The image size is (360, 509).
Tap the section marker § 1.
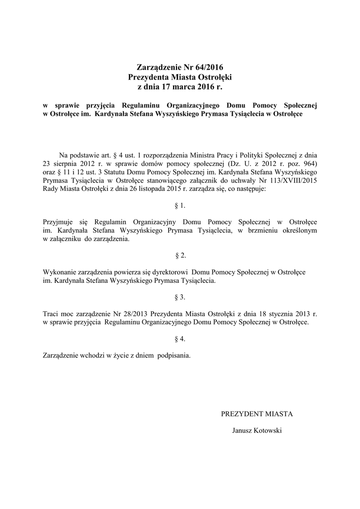point(180,205)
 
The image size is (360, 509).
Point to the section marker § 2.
point(180,255)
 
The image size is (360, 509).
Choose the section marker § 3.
point(180,297)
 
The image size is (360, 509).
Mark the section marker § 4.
point(180,339)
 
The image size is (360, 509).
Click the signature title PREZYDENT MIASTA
point(257,414)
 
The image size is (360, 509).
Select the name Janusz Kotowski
point(257,430)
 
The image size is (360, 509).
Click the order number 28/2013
point(132,314)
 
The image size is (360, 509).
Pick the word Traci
point(52,314)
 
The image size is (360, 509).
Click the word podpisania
point(173,356)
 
